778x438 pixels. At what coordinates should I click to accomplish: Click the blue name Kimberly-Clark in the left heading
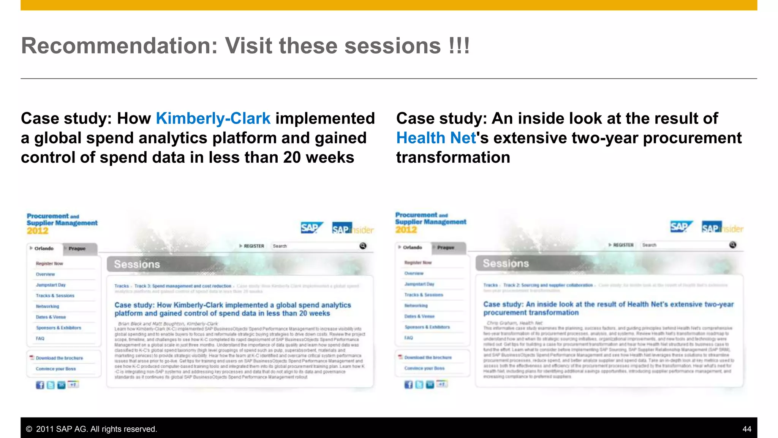coord(213,119)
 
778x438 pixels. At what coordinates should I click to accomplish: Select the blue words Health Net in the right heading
coord(436,138)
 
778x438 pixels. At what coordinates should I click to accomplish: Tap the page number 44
coord(746,429)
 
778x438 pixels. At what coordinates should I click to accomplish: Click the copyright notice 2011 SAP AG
coord(92,429)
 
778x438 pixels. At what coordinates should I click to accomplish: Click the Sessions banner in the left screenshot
coord(137,264)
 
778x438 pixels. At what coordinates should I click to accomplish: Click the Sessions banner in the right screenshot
coord(506,263)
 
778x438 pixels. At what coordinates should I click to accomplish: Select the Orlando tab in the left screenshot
coord(44,249)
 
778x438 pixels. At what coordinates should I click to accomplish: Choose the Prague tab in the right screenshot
coord(446,248)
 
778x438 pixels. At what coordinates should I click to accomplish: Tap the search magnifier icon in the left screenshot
coord(363,246)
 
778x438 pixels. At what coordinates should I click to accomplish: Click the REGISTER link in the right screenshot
coord(623,245)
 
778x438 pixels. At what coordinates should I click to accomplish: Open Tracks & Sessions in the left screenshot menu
coord(55,295)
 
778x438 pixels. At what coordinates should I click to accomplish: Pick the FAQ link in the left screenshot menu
coord(40,338)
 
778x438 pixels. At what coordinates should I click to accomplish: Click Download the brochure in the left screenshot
coord(59,358)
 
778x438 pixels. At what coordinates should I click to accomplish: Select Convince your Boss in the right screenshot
coord(424,368)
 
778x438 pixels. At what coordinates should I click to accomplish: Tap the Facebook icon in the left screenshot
coord(40,385)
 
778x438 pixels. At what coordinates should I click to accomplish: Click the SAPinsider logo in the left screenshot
coord(353,229)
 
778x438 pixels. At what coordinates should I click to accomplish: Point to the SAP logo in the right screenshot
coord(680,227)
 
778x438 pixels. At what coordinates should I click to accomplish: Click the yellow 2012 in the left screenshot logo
coord(38,231)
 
